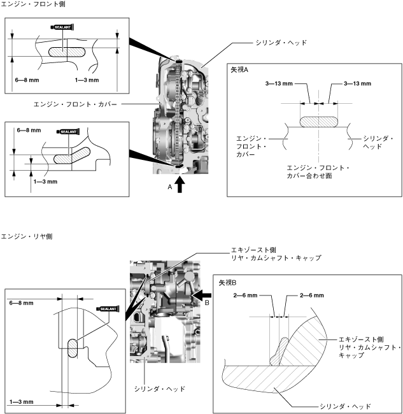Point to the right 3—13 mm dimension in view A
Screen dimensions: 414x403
pos(357,83)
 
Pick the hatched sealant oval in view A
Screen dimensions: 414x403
pos(318,120)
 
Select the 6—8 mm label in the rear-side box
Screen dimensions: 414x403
pos(22,304)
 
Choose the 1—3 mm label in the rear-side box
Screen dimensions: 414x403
pos(22,402)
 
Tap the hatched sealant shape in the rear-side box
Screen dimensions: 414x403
pos(71,350)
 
